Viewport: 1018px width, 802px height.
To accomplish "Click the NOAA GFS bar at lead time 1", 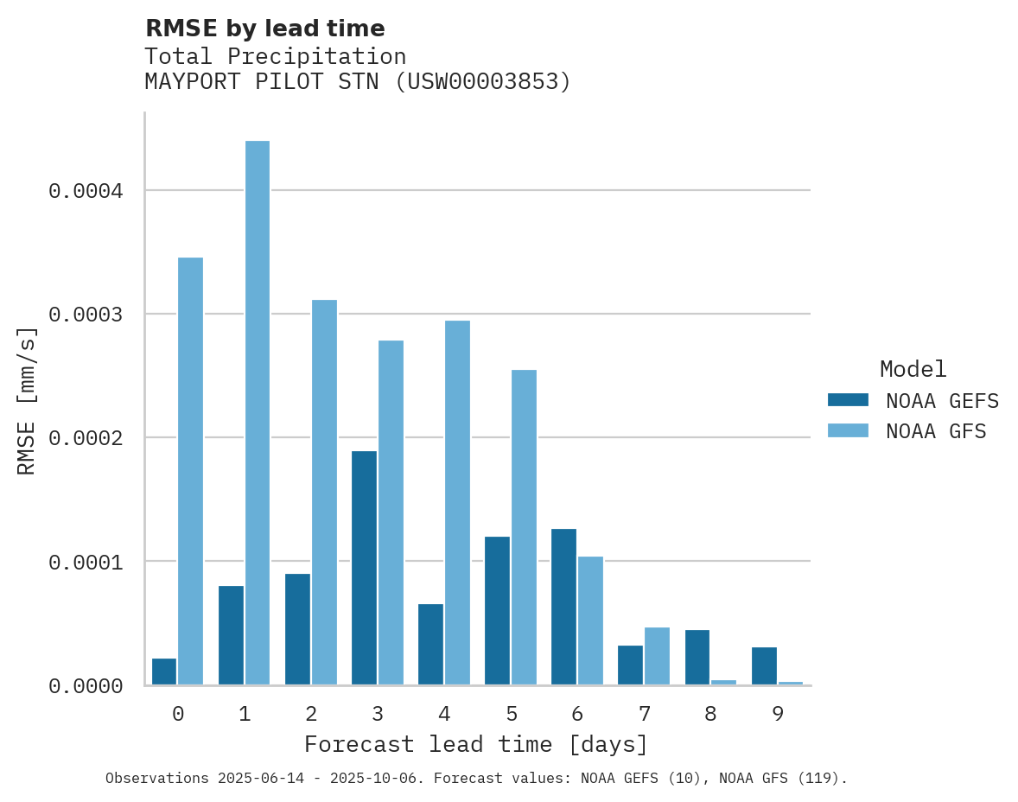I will [x=258, y=413].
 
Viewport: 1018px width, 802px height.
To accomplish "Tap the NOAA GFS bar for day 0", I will [x=190, y=471].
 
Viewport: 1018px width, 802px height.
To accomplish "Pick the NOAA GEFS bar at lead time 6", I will [x=563, y=607].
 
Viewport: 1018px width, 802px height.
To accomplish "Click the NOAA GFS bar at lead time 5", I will [x=524, y=527].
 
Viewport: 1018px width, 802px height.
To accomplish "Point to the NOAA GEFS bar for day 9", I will [x=764, y=665].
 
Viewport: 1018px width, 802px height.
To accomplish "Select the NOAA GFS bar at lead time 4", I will [x=457, y=503].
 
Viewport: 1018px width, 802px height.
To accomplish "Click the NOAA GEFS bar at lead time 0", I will [x=164, y=672].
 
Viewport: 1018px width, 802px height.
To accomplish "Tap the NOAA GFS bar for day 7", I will [x=657, y=656].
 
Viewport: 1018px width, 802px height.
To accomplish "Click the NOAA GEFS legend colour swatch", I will [x=848, y=400].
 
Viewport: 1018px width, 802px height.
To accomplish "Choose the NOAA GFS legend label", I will [x=936, y=431].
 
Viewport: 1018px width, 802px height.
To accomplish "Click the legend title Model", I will [x=913, y=369].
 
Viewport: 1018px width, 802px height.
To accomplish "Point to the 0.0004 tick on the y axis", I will [x=86, y=190].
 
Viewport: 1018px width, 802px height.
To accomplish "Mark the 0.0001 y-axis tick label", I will [x=86, y=562].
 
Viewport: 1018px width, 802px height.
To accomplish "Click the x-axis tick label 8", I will [x=711, y=715].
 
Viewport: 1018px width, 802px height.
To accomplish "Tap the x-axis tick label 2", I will [x=311, y=715].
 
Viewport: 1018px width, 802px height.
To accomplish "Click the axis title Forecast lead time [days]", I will [x=476, y=744].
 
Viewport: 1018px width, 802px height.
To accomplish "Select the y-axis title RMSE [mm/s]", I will [x=27, y=400].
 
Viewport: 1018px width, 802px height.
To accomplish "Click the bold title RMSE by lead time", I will [x=264, y=29].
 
